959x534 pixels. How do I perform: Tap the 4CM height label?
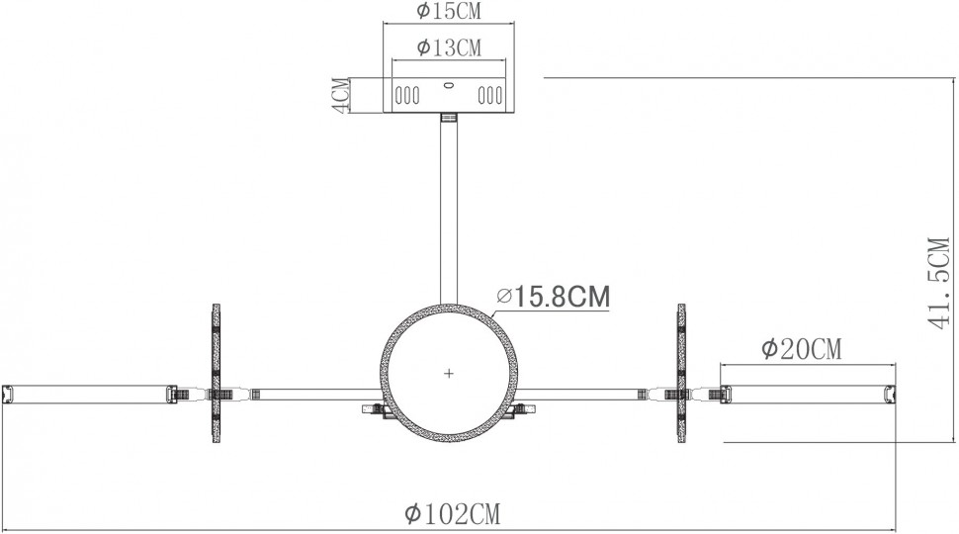point(339,96)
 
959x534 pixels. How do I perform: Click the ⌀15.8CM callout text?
point(553,296)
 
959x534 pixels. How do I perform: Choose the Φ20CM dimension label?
point(801,349)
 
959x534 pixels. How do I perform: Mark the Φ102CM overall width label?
point(452,514)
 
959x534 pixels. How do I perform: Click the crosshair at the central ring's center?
point(449,373)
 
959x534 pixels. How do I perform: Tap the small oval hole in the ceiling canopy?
point(449,86)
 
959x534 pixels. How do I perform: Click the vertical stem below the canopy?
point(449,208)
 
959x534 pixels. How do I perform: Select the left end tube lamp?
point(89,394)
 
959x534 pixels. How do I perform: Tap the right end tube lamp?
point(809,394)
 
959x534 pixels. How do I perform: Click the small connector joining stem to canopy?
point(449,120)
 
